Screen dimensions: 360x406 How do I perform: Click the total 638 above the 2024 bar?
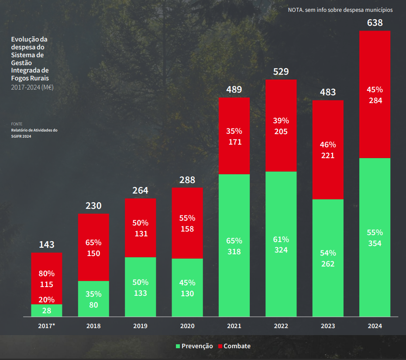[x=375, y=23]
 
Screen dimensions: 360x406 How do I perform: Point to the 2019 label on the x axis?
[x=140, y=326]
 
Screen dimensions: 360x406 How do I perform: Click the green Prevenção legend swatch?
[x=178, y=346]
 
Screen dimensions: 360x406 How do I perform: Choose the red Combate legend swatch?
[x=220, y=346]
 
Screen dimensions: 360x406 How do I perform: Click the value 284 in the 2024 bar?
[x=375, y=100]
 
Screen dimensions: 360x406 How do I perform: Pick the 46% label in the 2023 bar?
[x=328, y=145]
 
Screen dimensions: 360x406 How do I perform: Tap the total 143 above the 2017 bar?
[x=47, y=245]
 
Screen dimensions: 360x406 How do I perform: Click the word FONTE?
[x=17, y=124]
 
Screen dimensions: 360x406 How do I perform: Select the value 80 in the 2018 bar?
[x=93, y=305]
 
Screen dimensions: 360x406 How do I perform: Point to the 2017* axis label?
[x=47, y=326]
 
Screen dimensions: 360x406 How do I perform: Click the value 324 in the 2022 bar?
[x=281, y=250]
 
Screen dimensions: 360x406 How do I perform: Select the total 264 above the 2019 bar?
[x=140, y=190]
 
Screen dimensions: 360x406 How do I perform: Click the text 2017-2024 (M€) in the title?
[x=32, y=87]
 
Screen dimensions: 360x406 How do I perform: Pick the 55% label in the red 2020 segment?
[x=187, y=218]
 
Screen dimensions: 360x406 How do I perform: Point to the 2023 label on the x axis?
[x=328, y=326]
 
